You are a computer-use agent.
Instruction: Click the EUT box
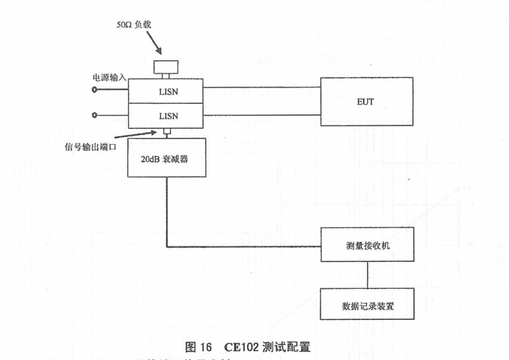point(366,101)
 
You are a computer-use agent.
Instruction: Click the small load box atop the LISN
point(166,68)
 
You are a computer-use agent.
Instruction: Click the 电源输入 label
point(109,77)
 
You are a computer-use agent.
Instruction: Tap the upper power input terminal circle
point(95,89)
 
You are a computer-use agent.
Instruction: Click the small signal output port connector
point(166,132)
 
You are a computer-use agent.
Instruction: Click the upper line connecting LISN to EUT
point(261,88)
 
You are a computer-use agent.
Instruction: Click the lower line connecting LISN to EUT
point(261,114)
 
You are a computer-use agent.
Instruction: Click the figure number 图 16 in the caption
point(198,345)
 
